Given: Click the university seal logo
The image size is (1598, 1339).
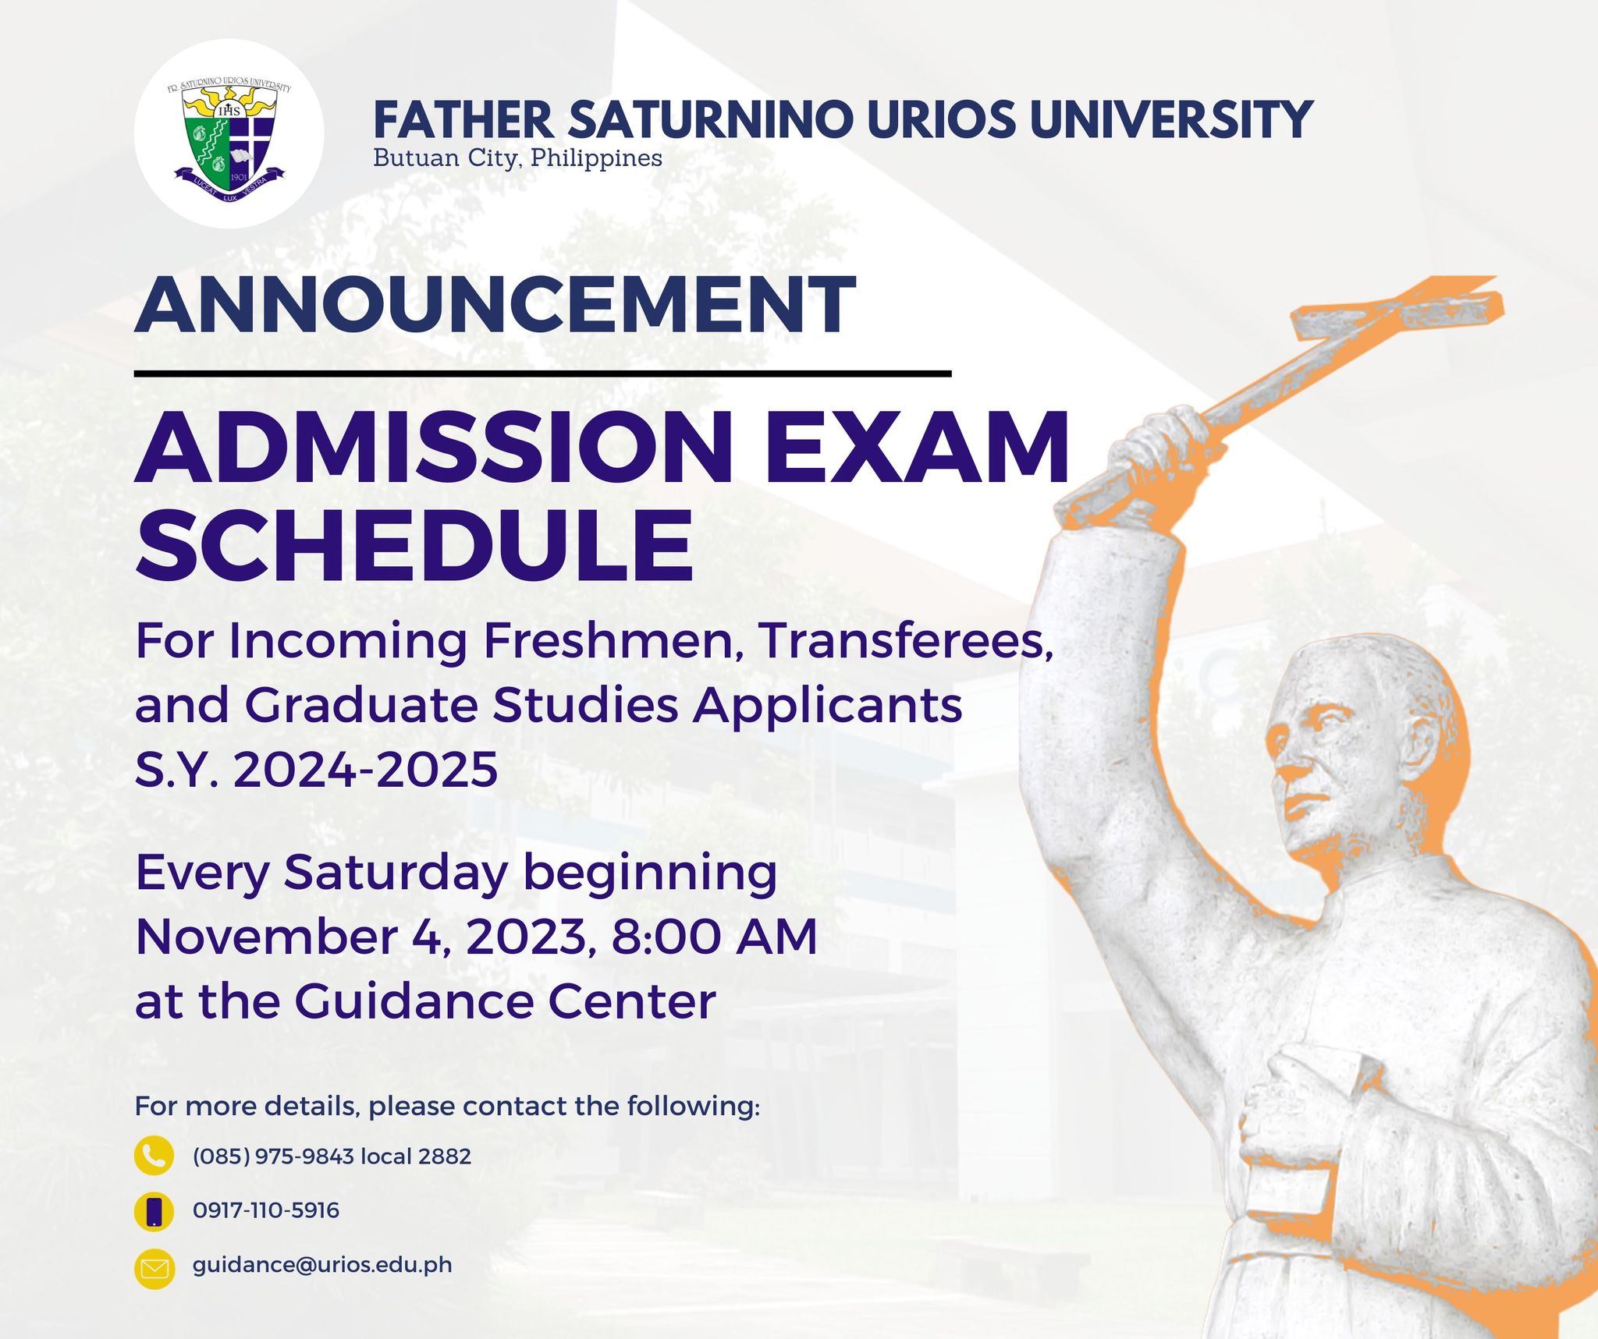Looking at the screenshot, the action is click(x=229, y=133).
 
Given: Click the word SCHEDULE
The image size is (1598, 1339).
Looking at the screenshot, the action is click(x=414, y=544).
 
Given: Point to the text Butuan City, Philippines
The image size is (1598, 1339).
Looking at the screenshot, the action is click(x=517, y=158).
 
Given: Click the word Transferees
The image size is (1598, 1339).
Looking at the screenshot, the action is click(x=906, y=640).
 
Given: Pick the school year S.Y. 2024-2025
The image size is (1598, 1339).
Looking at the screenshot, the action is click(x=317, y=769).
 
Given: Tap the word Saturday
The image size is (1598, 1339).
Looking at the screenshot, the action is click(x=396, y=873).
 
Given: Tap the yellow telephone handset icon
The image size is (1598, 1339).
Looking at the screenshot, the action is click(x=154, y=1156).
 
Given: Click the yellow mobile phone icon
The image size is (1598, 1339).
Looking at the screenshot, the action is click(x=154, y=1211).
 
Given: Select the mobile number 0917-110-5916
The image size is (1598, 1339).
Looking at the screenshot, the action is click(x=266, y=1210).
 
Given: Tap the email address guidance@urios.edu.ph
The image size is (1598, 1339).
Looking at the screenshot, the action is click(x=322, y=1265).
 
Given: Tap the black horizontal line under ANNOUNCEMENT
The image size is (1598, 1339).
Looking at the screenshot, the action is click(x=542, y=374).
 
